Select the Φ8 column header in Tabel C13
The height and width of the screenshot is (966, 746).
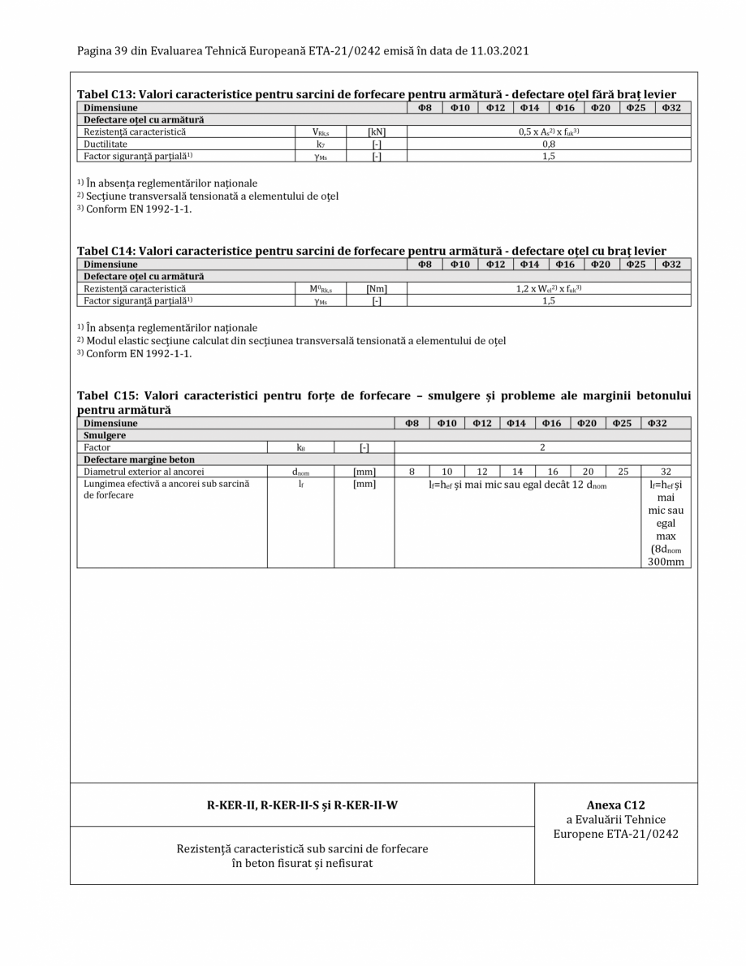click(424, 107)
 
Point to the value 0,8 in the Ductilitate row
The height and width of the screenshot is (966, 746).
click(549, 144)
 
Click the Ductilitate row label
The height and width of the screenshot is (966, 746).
click(106, 144)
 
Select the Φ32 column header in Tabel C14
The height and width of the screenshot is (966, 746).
click(671, 265)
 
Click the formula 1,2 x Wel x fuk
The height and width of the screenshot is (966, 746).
click(549, 288)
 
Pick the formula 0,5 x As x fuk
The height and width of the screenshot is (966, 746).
click(549, 132)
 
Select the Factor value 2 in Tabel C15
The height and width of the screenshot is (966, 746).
click(542, 447)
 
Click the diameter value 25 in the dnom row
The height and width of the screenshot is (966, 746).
click(623, 471)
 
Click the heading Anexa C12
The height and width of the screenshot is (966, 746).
click(615, 805)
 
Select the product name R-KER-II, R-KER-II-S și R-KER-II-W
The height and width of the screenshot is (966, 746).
click(302, 805)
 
